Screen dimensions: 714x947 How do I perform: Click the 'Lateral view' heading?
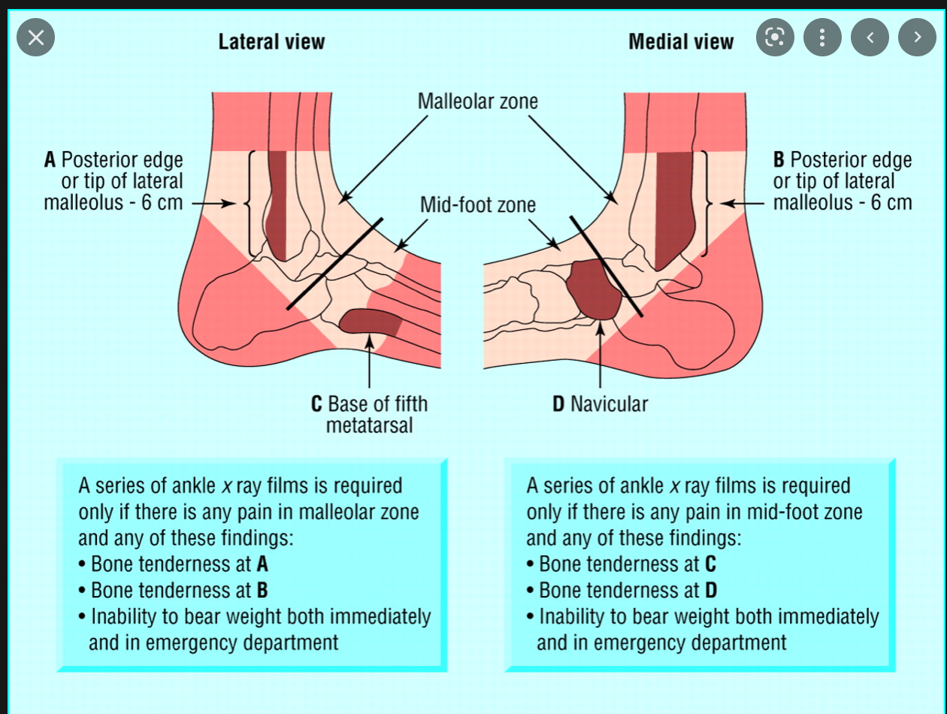point(271,41)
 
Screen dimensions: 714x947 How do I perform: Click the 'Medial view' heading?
point(680,41)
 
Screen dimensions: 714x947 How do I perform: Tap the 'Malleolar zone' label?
point(478,101)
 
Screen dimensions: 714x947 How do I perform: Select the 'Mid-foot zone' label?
point(477,204)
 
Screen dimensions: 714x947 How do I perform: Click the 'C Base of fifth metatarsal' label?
point(369,414)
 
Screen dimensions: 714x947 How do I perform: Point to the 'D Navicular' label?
point(600,404)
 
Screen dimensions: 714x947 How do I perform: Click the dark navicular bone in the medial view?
point(594,289)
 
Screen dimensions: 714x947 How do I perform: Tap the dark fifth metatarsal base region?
point(370,321)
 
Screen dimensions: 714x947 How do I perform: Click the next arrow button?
point(917,37)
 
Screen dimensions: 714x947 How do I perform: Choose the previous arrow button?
point(870,37)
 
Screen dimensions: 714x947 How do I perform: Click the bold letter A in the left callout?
point(50,160)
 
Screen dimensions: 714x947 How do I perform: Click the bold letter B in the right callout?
point(779,160)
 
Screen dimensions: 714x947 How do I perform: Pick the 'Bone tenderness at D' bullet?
point(624,589)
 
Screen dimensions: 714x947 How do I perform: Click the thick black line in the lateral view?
point(334,263)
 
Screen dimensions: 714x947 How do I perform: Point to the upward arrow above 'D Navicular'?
point(598,353)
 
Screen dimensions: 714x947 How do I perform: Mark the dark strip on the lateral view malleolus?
point(277,203)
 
